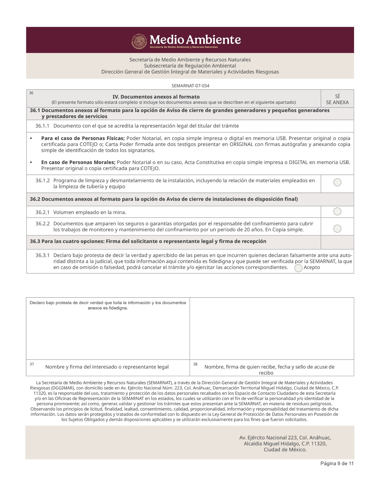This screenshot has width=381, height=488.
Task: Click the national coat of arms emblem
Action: pos(139,42)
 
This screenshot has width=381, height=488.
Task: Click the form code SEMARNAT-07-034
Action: pos(190,86)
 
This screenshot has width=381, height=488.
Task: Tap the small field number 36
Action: pos(31,93)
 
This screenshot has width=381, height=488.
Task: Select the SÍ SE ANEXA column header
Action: pos(337,99)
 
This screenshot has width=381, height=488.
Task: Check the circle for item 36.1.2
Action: pos(337,182)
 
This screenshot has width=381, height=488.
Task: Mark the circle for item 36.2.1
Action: pos(337,211)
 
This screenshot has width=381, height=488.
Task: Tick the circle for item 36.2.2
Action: pos(337,229)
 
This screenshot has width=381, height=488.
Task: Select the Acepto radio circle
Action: pos(298,268)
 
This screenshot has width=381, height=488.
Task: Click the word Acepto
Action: pos(312,267)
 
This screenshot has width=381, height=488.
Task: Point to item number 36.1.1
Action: pos(42,126)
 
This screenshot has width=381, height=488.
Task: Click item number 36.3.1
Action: pos(42,255)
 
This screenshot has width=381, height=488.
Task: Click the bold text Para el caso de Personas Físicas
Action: pos(83,138)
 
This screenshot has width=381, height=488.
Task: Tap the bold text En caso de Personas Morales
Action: pos(78,162)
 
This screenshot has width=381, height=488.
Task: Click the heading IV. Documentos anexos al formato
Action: pos(156,97)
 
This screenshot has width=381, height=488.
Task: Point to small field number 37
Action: pos(32,364)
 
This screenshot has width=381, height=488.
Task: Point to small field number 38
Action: pos(195,364)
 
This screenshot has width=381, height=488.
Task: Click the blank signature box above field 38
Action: pos(272,328)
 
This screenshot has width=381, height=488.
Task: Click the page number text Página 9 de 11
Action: pos(337,464)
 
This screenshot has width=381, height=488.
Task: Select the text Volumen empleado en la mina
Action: pos(90,212)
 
